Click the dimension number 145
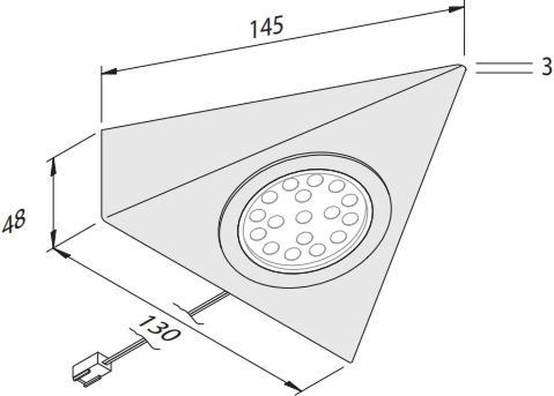[x=266, y=29]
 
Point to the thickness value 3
[x=547, y=67]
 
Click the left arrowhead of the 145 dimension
[x=108, y=72]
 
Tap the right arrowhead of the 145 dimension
[x=458, y=7]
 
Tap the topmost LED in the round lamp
[x=315, y=180]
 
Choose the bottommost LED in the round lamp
[x=292, y=253]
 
